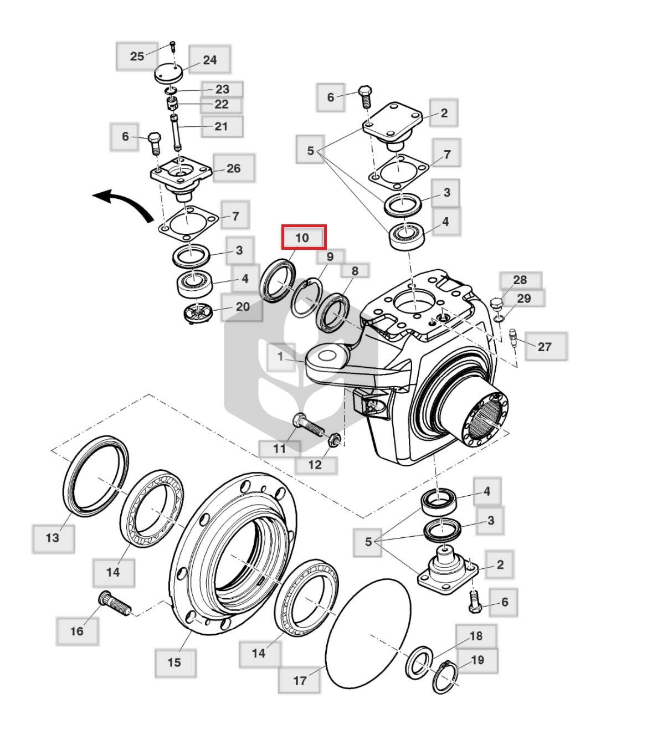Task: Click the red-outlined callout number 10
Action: point(303,238)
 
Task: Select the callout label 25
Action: point(137,57)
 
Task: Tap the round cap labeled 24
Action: point(168,74)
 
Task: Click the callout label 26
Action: point(234,168)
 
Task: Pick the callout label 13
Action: point(53,538)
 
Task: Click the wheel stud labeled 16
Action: point(115,603)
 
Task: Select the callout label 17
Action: point(299,681)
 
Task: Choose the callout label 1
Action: point(281,357)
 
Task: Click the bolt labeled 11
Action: point(309,425)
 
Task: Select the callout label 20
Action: point(242,307)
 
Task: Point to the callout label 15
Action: point(175,662)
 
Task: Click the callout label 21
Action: point(222,126)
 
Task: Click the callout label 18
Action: point(476,636)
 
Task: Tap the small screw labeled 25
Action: point(173,47)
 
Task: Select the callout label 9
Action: point(330,257)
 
